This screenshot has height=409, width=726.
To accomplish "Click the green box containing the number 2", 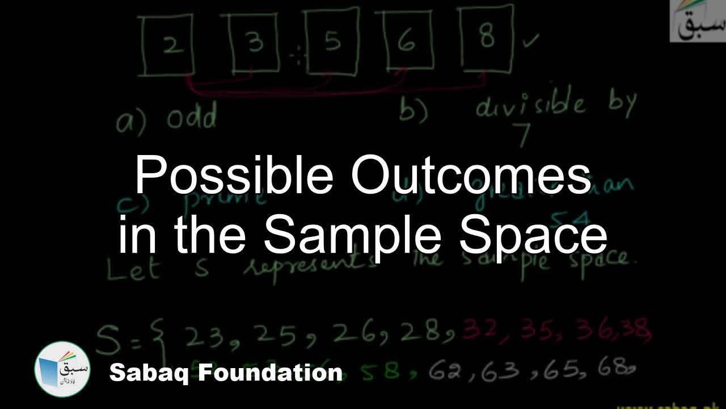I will [168, 46].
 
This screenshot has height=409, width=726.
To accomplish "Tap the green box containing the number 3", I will [254, 43].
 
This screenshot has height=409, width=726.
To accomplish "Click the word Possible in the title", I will [234, 177].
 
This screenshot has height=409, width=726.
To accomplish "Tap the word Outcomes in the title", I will [471, 177].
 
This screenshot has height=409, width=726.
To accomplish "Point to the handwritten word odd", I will [192, 119].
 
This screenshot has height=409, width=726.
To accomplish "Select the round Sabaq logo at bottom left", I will [62, 369].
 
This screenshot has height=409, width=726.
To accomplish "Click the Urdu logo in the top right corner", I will [698, 21].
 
